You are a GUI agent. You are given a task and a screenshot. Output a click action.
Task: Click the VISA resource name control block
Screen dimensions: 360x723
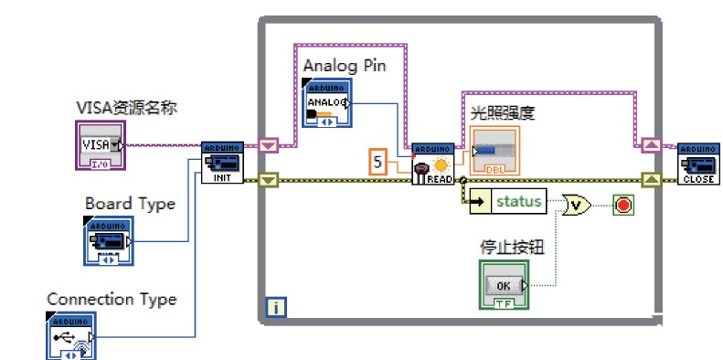pos(99,145)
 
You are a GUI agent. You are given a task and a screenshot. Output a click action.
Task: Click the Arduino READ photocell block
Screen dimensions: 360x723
pos(431,164)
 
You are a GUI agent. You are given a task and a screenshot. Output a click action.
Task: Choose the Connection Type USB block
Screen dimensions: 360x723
pos(69,337)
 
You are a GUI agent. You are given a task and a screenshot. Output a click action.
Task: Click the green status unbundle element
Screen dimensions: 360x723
pos(507,201)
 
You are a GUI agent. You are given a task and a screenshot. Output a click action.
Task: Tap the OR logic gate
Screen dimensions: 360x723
pos(577,203)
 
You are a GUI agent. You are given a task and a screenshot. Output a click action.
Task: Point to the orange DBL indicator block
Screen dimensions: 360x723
pos(494,150)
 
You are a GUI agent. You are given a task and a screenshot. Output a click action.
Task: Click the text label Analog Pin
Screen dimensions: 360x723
pos(345,66)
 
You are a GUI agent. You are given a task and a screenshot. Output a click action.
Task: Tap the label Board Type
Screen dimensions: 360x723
pos(130,203)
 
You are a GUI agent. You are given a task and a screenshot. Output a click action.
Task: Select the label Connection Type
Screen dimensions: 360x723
pos(112,299)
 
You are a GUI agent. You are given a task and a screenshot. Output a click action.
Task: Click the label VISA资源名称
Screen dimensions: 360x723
pos(126,108)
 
